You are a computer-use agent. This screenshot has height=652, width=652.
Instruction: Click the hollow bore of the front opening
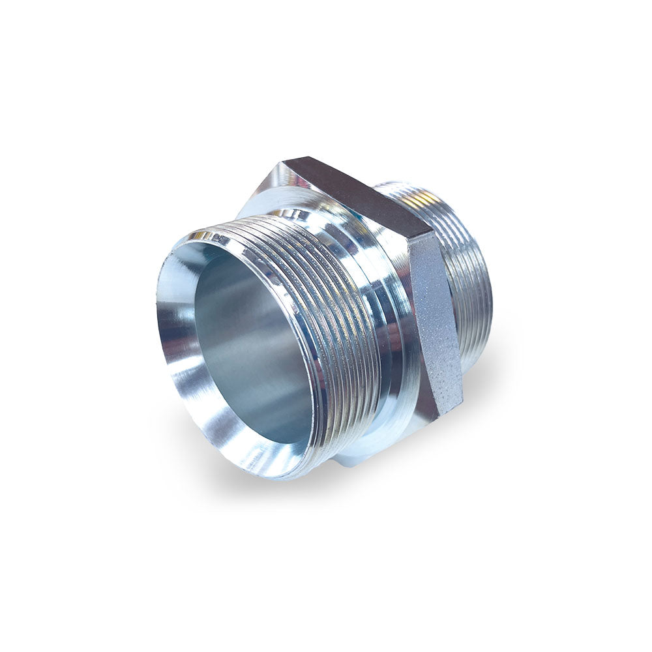point(254,346)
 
